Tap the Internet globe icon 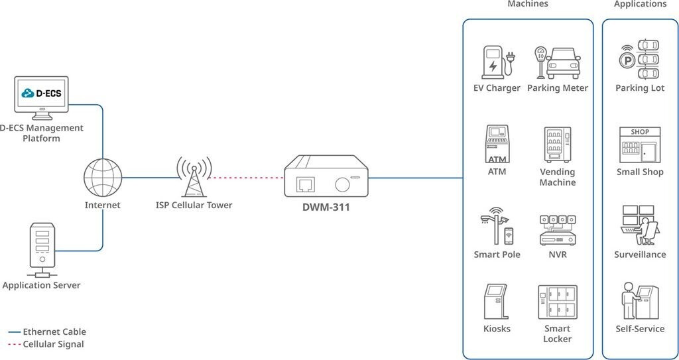click(103, 178)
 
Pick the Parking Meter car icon click(558, 62)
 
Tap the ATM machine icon click(497, 143)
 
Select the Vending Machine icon click(557, 145)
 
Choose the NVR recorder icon click(557, 229)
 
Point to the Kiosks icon click(497, 302)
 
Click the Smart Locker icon click(557, 302)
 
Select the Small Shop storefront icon click(639, 145)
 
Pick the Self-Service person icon click(639, 301)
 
